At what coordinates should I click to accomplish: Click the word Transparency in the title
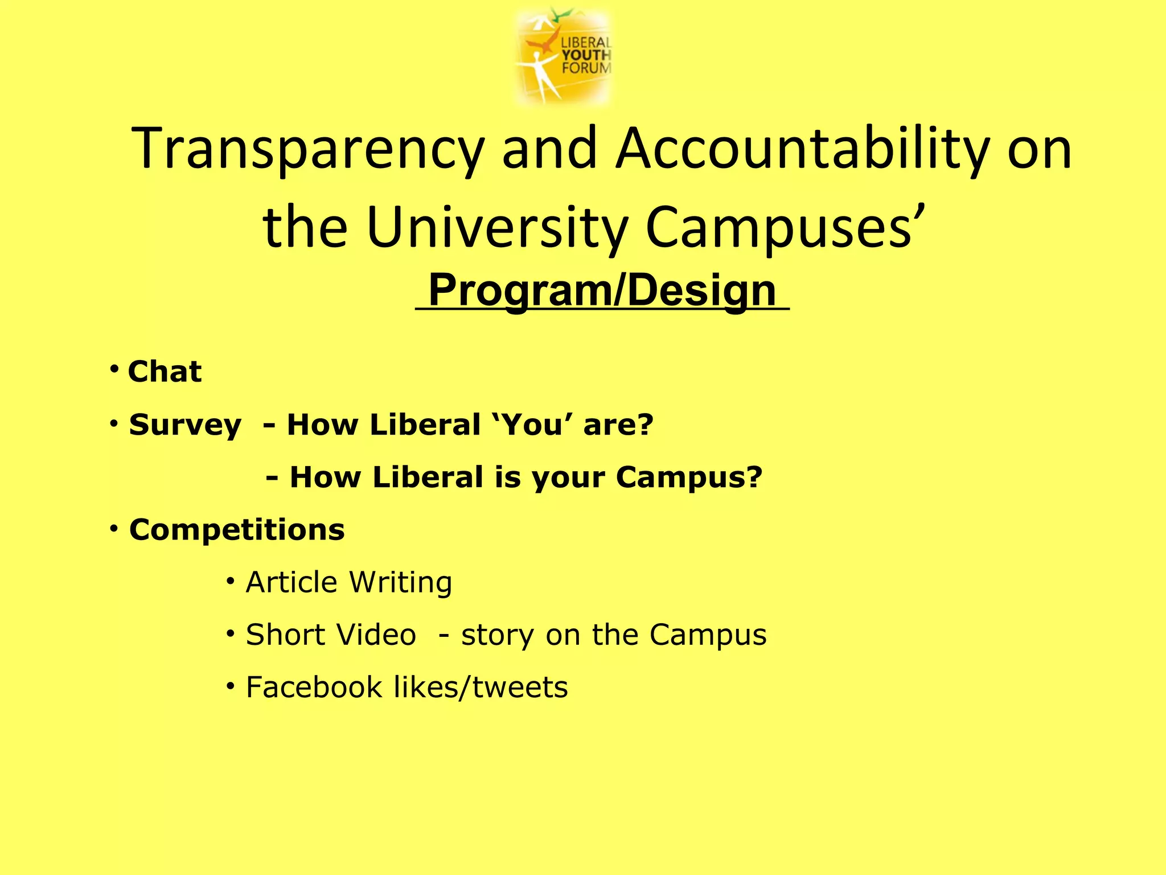(x=307, y=149)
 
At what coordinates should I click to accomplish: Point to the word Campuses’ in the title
(x=786, y=228)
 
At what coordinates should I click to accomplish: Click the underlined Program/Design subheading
(x=602, y=291)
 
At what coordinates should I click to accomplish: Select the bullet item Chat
(x=165, y=371)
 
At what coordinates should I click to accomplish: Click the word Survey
(x=185, y=425)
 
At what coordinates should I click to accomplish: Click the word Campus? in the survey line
(x=689, y=477)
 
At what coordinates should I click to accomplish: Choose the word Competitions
(x=237, y=530)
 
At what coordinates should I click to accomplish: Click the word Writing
(x=400, y=582)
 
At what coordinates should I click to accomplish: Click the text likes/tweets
(x=481, y=687)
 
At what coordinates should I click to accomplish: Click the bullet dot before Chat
(x=114, y=369)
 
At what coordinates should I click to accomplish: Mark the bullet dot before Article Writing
(x=230, y=581)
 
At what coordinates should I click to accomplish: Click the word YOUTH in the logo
(x=586, y=55)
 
